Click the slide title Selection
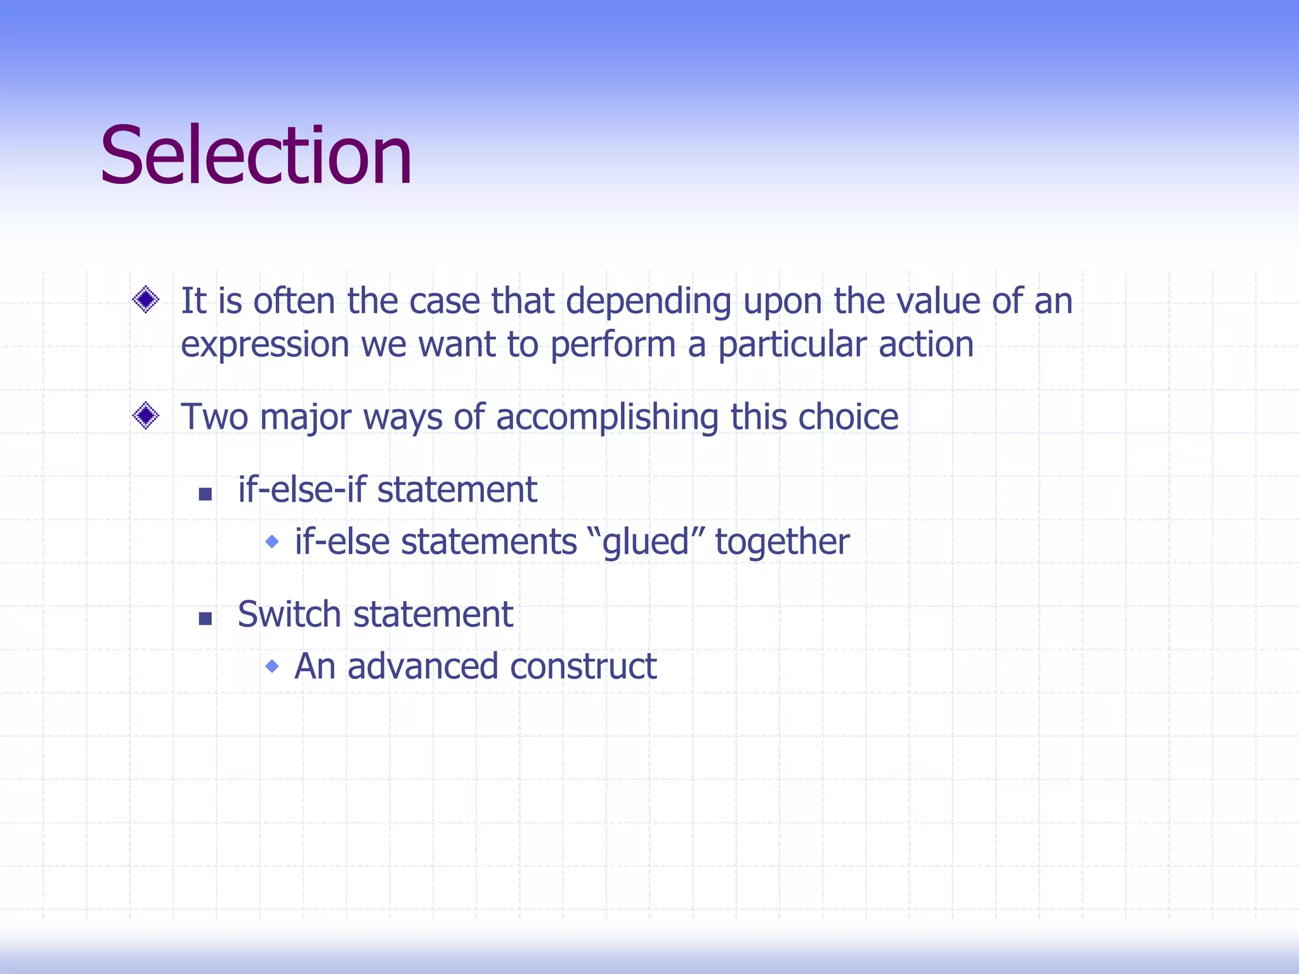pos(256,156)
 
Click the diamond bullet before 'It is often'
pos(146,299)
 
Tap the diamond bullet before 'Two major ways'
pos(146,416)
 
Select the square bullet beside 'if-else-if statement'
pos(205,494)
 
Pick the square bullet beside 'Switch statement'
pos(205,619)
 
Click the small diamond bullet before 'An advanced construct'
pos(272,666)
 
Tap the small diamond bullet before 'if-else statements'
pos(272,542)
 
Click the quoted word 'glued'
pos(646,543)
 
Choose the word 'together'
pos(782,543)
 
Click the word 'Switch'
pos(289,614)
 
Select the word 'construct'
pos(583,666)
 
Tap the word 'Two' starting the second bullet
pos(214,417)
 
